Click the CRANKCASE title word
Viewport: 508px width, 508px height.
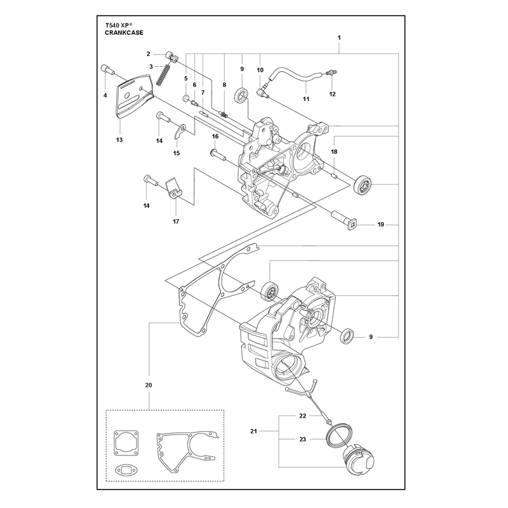124,33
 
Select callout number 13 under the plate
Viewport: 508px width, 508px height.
119,140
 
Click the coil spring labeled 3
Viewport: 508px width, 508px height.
163,74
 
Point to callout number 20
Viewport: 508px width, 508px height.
149,385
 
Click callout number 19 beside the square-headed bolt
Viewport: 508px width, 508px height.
380,225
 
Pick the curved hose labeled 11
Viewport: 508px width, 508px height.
295,76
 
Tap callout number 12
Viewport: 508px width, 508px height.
332,94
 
